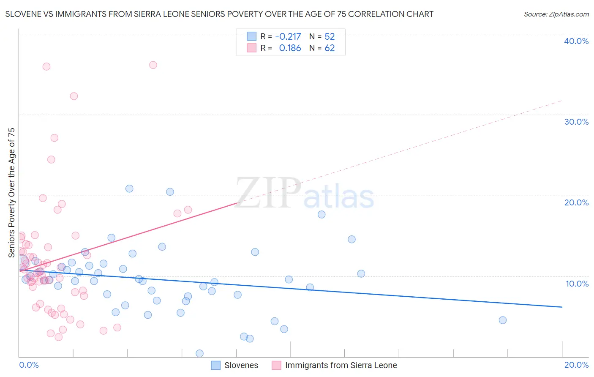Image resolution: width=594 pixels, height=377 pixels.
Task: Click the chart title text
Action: click(x=219, y=14)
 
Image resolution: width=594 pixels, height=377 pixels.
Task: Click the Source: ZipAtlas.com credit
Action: click(x=556, y=14)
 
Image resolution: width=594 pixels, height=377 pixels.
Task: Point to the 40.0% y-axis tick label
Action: click(x=576, y=41)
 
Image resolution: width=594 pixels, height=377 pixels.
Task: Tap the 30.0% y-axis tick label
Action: click(x=576, y=122)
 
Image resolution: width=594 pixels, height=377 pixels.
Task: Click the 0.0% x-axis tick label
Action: click(x=29, y=365)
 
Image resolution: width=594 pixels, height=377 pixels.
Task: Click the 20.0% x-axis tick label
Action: click(x=576, y=365)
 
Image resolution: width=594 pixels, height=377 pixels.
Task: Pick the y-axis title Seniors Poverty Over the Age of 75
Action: click(x=11, y=193)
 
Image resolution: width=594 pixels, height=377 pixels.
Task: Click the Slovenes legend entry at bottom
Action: click(x=235, y=365)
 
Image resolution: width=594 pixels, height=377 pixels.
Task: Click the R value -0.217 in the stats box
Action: click(x=288, y=36)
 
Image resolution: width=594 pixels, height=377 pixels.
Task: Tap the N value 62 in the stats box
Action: click(x=330, y=48)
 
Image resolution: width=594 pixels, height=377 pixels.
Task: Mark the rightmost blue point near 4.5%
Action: click(x=502, y=320)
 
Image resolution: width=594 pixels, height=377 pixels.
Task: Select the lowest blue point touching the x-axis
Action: click(x=199, y=353)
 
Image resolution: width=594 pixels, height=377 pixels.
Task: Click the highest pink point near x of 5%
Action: click(x=153, y=65)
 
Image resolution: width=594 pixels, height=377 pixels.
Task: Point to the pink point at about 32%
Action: click(x=74, y=96)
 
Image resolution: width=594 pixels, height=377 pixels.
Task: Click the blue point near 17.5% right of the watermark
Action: click(x=322, y=214)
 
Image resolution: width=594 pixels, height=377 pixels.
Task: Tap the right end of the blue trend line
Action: click(x=562, y=307)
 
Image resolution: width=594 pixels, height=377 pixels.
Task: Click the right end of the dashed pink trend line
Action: click(x=562, y=100)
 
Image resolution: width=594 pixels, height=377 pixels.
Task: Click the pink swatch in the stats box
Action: click(x=252, y=48)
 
